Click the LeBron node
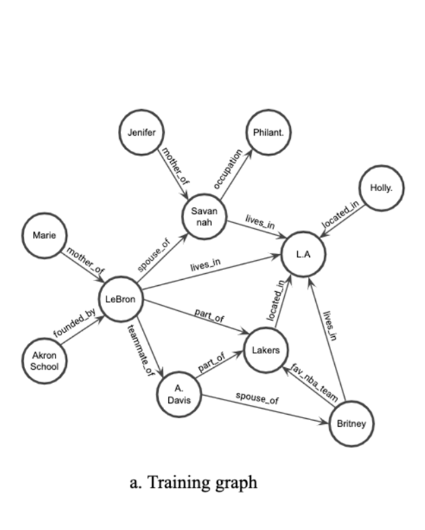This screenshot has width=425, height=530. click(120, 300)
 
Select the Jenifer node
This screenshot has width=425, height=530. click(142, 133)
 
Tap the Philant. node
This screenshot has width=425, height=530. click(268, 133)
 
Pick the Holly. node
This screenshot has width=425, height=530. click(381, 189)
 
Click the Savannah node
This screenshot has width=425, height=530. click(205, 216)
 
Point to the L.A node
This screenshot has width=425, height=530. click(303, 255)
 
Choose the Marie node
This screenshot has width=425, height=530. click(45, 236)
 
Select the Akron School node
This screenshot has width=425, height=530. click(45, 361)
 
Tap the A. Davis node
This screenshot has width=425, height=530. click(179, 395)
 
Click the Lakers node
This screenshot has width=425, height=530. click(266, 350)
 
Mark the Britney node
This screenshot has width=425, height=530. click(351, 423)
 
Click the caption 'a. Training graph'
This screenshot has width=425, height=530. click(193, 482)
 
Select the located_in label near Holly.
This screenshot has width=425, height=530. click(342, 216)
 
